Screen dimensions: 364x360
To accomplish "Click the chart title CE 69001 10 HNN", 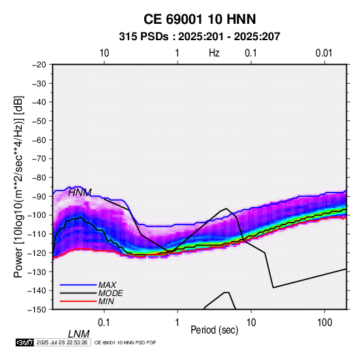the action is (199, 19).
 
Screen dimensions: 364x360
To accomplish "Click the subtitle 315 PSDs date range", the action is (199, 37).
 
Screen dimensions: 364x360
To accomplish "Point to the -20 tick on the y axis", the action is (39, 65).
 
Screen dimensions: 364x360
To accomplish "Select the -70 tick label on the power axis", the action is (39, 159).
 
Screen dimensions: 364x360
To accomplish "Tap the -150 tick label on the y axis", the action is (37, 310).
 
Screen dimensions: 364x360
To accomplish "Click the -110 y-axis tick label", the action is (37, 234).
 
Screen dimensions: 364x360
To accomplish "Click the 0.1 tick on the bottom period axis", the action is (104, 323).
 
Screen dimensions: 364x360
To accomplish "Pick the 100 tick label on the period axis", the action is (325, 323).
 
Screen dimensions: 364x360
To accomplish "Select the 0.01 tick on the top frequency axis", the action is (324, 53).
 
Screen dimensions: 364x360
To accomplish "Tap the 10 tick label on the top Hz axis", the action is (104, 53).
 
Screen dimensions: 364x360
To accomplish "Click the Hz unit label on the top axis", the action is (214, 53).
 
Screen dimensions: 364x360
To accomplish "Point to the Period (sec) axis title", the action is (214, 330).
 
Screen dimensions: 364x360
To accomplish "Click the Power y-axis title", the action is (18, 187).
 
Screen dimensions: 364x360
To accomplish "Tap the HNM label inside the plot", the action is (80, 193).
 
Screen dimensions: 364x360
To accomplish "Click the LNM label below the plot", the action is (79, 334).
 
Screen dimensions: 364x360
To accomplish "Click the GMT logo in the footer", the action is (24, 342).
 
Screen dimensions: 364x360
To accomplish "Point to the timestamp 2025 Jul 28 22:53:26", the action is (62, 342).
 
